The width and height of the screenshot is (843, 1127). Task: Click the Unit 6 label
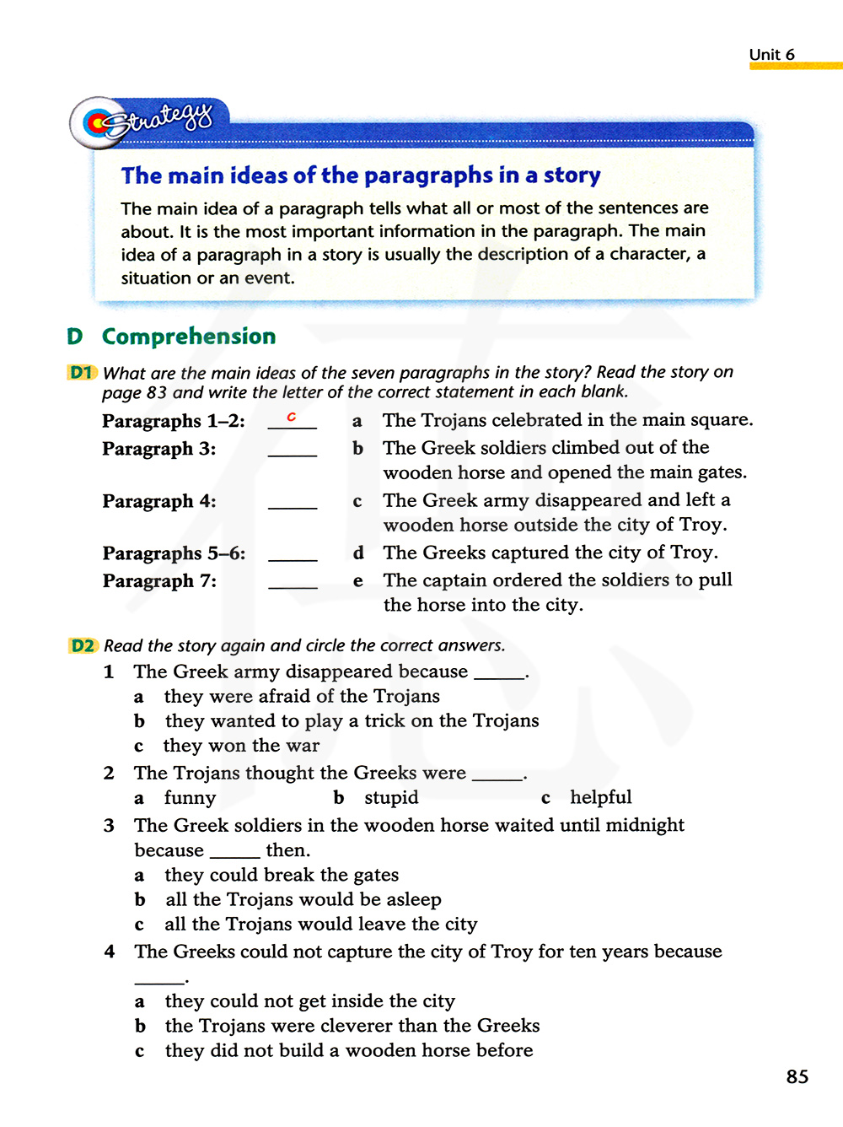tap(771, 55)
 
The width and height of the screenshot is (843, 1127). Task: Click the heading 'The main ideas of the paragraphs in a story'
tap(361, 175)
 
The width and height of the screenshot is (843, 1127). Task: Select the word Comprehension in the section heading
tap(189, 337)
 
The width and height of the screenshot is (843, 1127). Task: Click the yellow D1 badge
tap(82, 372)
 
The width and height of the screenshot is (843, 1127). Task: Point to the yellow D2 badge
tap(83, 645)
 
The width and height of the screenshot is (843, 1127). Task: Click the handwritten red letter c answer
tap(292, 417)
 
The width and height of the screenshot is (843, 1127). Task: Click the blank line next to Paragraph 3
tap(293, 453)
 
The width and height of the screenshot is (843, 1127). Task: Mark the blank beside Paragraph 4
tap(293, 505)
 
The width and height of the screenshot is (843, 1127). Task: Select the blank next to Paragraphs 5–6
tap(293, 558)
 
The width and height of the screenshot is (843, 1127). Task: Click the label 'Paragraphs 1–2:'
tap(174, 421)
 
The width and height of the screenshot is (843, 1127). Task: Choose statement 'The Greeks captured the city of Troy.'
tap(550, 553)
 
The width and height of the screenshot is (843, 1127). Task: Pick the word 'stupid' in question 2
tap(391, 798)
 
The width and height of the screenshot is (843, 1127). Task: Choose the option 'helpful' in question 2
tap(600, 798)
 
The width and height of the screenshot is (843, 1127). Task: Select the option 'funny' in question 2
tap(190, 798)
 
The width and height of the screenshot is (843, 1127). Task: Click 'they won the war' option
tap(241, 746)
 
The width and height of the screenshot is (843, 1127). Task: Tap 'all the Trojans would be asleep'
tap(303, 900)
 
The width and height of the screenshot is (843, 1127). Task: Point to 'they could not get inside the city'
tap(310, 1001)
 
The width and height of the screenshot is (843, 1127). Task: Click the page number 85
tap(797, 1076)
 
